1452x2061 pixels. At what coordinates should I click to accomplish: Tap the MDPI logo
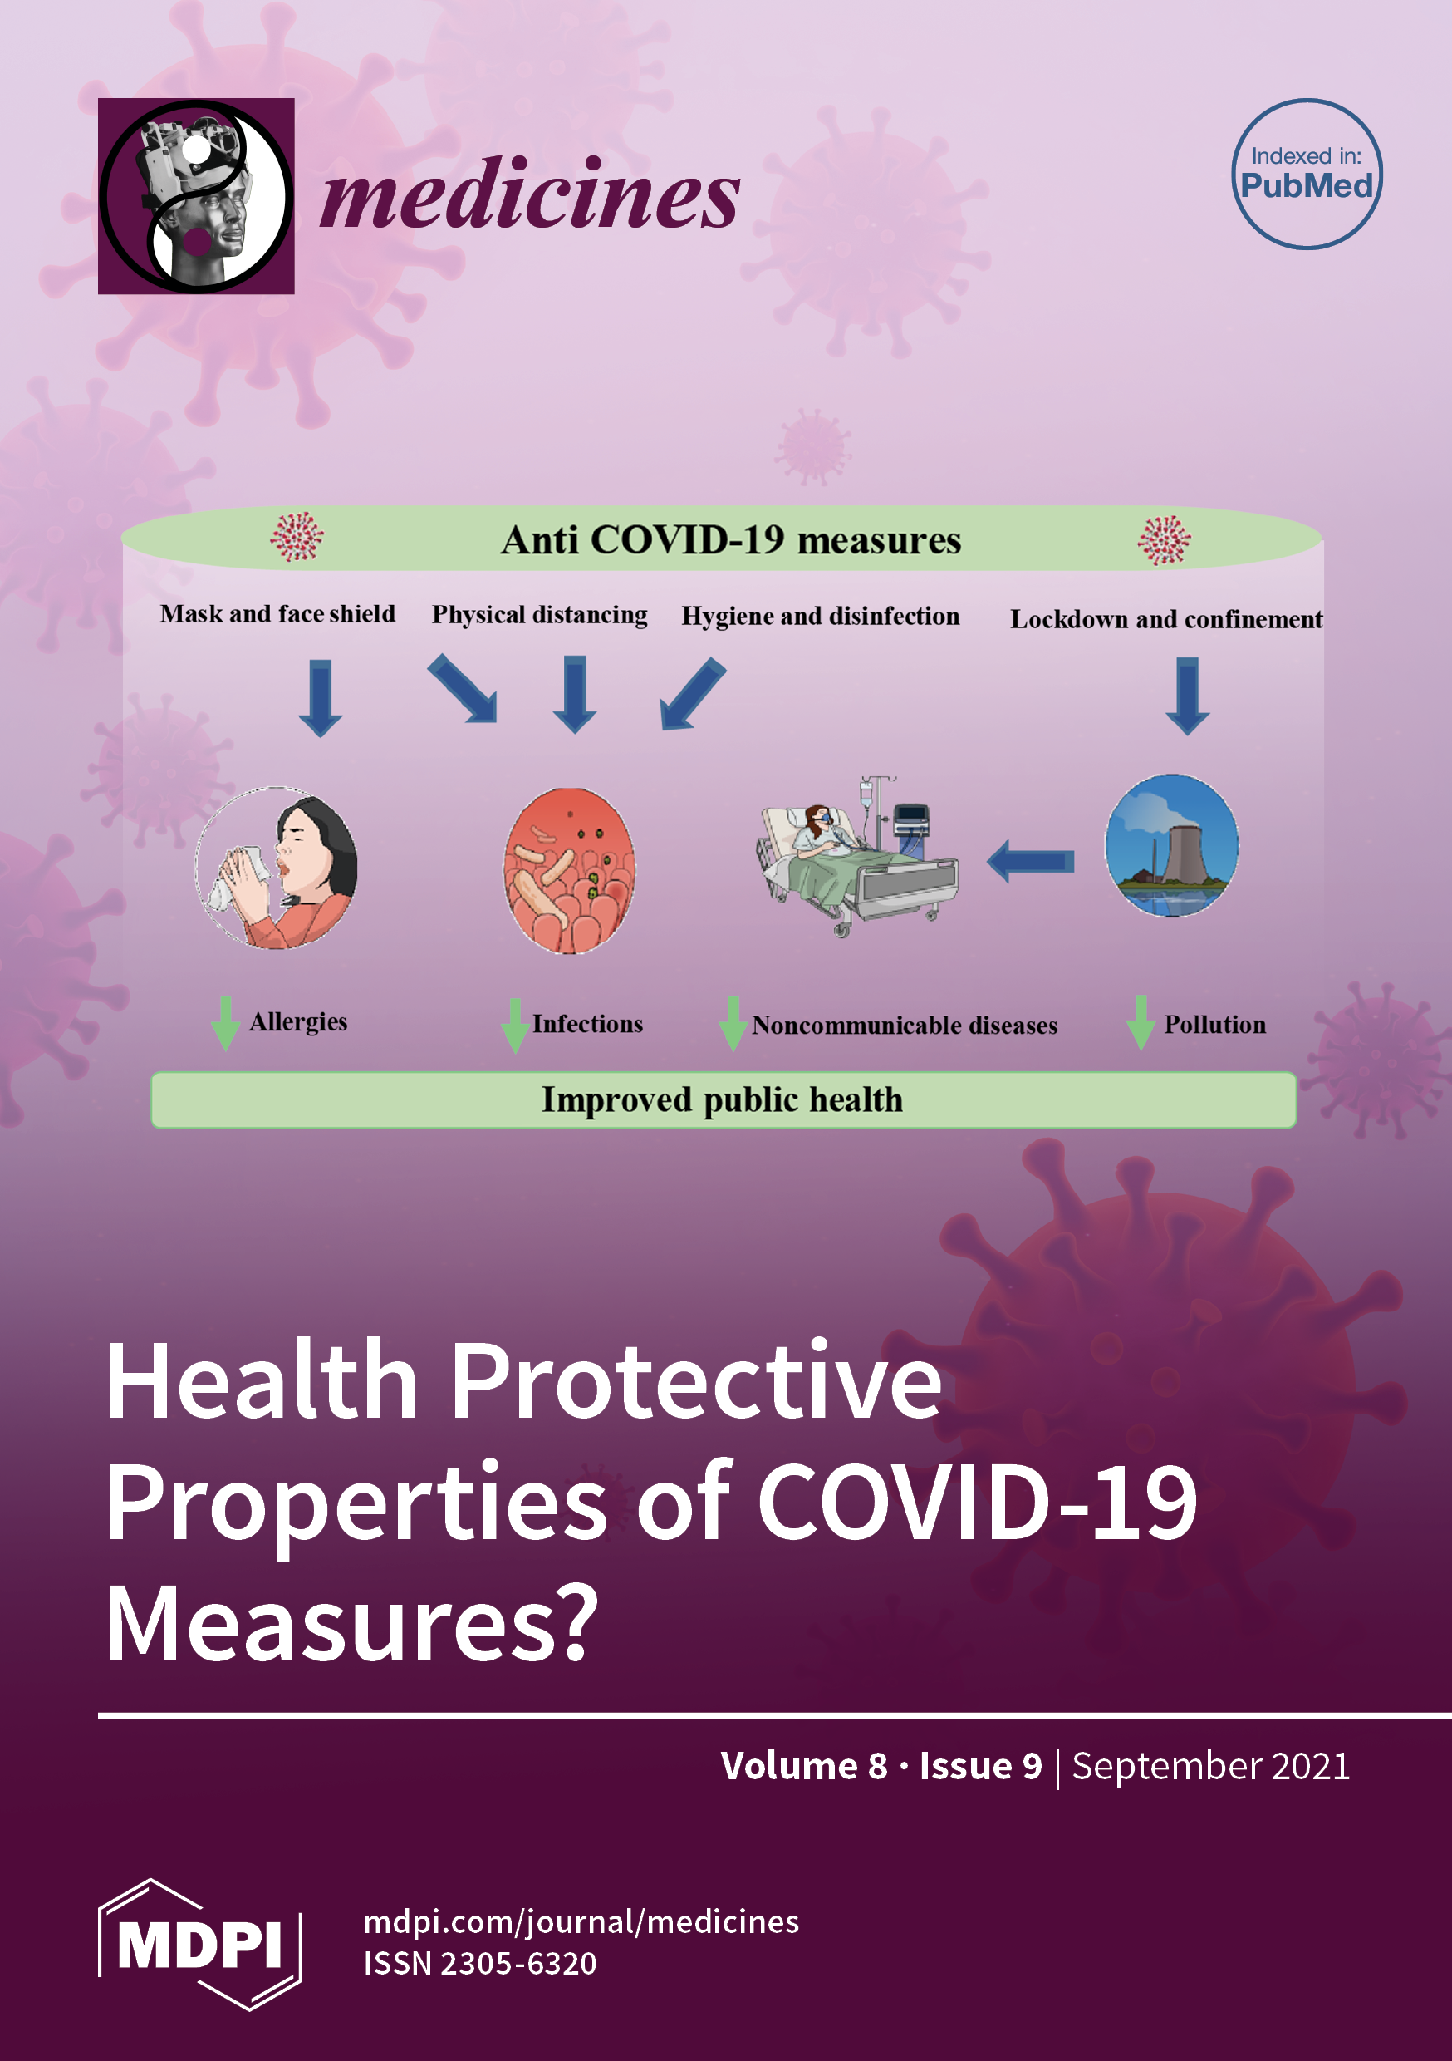(199, 1945)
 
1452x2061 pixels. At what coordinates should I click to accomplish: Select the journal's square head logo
(196, 195)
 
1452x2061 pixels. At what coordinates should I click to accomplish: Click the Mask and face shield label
(277, 614)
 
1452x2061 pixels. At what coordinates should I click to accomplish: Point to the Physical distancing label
(539, 615)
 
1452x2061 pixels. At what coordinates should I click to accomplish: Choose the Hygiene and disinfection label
(820, 617)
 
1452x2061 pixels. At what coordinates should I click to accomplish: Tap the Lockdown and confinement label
(1165, 619)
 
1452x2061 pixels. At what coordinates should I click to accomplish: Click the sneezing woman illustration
(277, 867)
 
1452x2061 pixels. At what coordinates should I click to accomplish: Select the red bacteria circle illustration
(569, 871)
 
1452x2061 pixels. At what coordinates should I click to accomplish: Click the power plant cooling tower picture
(1171, 844)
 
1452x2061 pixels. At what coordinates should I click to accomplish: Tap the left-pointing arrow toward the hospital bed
(1030, 862)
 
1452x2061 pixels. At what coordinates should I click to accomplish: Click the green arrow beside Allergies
(225, 1022)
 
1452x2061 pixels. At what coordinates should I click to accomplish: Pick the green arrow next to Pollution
(1141, 1022)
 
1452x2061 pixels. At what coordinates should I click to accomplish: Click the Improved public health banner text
(723, 1100)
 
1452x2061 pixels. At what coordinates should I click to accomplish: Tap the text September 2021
(1210, 1766)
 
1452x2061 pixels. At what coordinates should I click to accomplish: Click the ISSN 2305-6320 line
(480, 1963)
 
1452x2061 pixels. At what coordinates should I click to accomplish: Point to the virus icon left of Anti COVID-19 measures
(297, 537)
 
